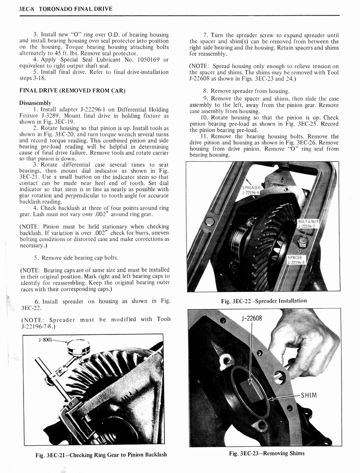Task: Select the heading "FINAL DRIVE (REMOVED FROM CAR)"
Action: [72, 90]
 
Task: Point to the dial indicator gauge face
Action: [78, 347]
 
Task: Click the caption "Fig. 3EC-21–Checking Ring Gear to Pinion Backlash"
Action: [101, 455]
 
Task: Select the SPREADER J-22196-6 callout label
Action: [252, 190]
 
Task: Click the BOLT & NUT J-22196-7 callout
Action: [308, 224]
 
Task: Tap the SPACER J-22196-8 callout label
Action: [295, 260]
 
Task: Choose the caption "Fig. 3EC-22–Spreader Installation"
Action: [263, 301]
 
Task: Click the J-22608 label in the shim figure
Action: [251, 318]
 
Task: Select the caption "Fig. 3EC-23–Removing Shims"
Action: [266, 453]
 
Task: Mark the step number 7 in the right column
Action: [205, 35]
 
